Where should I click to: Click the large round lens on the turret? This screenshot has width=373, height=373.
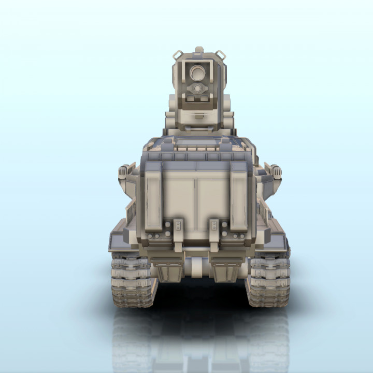pyautogui.click(x=197, y=73)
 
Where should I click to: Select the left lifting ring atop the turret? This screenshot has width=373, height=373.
pyautogui.click(x=178, y=54)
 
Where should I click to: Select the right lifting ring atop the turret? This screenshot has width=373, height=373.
pyautogui.click(x=220, y=54)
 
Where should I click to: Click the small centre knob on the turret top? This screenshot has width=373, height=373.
pyautogui.click(x=199, y=51)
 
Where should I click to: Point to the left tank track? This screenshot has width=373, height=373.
pyautogui.click(x=133, y=280)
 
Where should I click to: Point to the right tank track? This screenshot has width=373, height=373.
pyautogui.click(x=268, y=280)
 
